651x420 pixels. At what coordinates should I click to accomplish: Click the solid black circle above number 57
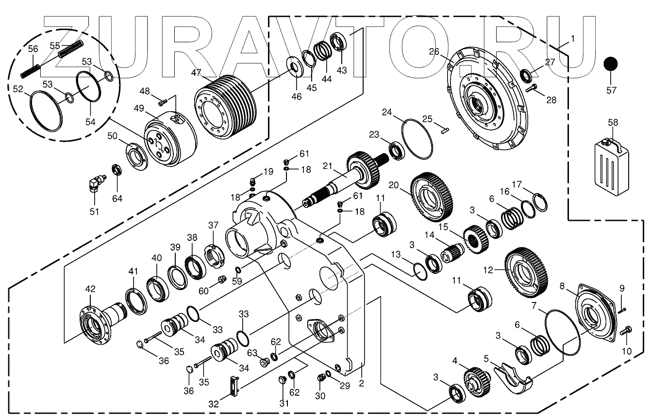coord(611,65)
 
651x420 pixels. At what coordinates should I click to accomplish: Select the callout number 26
coord(434,51)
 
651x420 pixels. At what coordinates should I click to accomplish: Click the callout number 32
coord(214,403)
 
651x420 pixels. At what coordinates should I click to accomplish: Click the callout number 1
coord(573,38)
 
